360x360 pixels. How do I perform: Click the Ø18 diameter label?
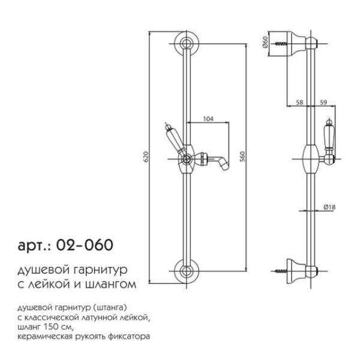329,206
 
